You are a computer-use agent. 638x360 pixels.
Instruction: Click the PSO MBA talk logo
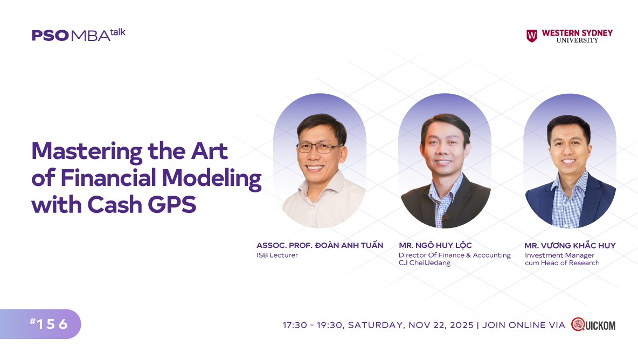coord(79,35)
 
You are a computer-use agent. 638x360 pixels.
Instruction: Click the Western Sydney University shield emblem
coord(532,36)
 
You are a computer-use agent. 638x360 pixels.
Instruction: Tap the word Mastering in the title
coord(87,152)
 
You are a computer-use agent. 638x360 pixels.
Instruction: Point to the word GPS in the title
coord(172,204)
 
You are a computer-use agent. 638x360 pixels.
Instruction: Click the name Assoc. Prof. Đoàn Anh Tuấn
coord(320,245)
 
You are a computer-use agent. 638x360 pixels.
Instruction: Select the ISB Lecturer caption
coord(277,255)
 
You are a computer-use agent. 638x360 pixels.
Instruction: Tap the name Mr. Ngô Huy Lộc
coord(435,245)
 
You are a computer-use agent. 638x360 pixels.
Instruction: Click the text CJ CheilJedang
coord(425,263)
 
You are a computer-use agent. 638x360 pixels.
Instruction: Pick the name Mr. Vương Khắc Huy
coord(570,245)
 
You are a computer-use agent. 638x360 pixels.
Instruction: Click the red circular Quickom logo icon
coord(578,324)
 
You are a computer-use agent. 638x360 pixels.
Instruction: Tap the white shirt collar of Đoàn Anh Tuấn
coord(322,185)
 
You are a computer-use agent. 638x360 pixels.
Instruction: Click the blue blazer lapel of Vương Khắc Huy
coord(593,199)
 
